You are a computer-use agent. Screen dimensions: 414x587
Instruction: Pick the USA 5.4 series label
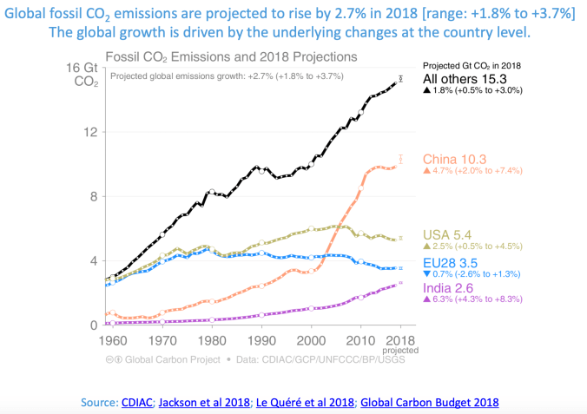448,234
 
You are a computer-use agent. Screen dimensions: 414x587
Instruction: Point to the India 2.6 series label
450,288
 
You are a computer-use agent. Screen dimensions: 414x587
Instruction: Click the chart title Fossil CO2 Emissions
230,57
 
